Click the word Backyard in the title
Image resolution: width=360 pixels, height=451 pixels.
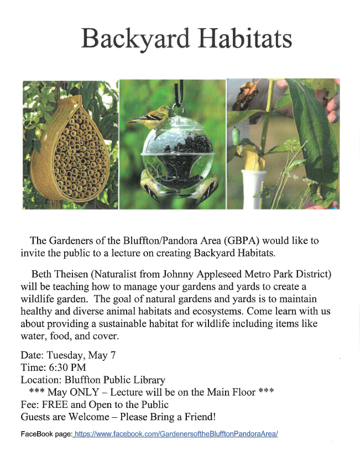point(135,39)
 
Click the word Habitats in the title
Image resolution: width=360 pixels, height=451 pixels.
point(245,38)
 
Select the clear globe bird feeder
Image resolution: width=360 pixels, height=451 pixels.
point(178,153)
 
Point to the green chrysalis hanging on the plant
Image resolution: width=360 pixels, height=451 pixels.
point(236,136)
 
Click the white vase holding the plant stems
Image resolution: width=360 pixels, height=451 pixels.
point(254,189)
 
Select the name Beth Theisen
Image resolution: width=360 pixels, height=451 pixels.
point(60,274)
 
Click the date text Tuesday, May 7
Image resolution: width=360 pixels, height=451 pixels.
point(81,355)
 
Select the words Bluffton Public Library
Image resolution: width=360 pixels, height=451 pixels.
point(115,380)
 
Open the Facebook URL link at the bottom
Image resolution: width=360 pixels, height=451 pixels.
point(176,434)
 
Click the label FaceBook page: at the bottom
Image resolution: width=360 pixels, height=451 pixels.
point(46,434)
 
